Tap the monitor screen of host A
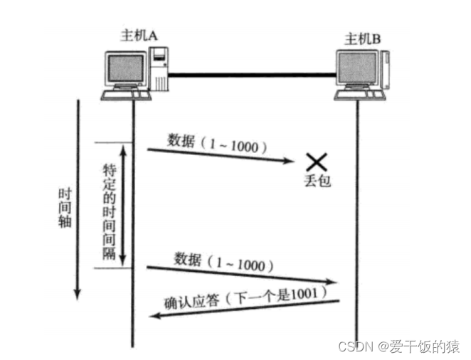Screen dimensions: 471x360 (127, 68)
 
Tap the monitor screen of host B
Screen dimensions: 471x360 (357, 70)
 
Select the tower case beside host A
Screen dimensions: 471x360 (159, 69)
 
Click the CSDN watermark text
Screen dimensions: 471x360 (398, 346)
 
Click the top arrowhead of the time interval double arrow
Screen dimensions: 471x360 (122, 149)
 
